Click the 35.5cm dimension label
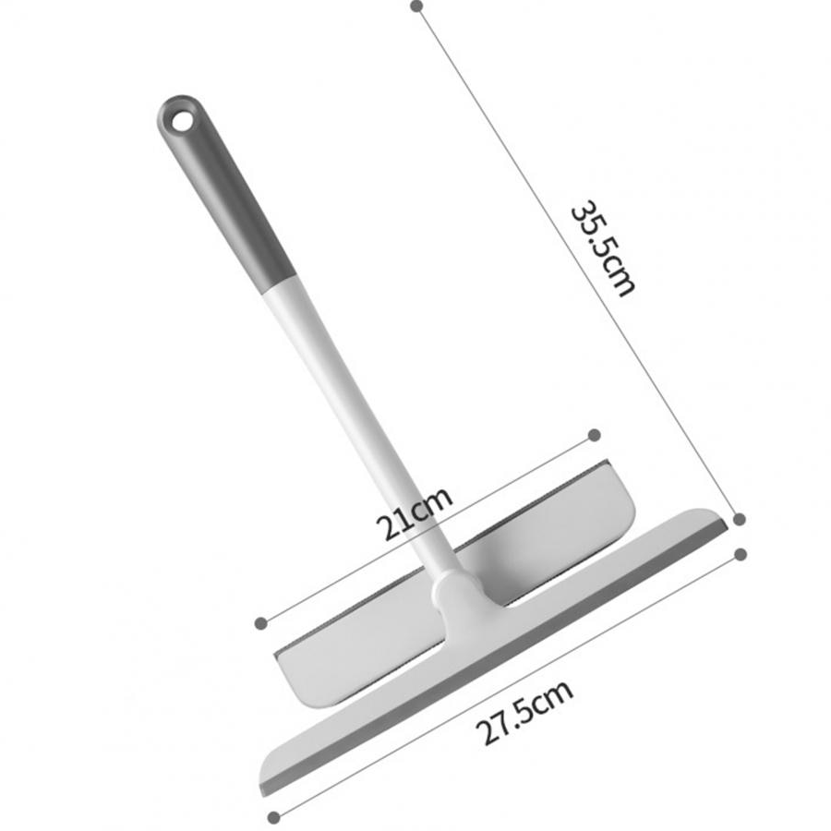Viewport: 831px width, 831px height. [603, 248]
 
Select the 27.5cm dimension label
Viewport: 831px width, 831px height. [524, 712]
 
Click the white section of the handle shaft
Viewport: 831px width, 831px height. [360, 424]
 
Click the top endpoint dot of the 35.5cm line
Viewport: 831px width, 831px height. [417, 6]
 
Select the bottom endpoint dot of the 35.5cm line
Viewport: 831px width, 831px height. [740, 519]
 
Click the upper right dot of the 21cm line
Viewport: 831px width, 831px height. [595, 435]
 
